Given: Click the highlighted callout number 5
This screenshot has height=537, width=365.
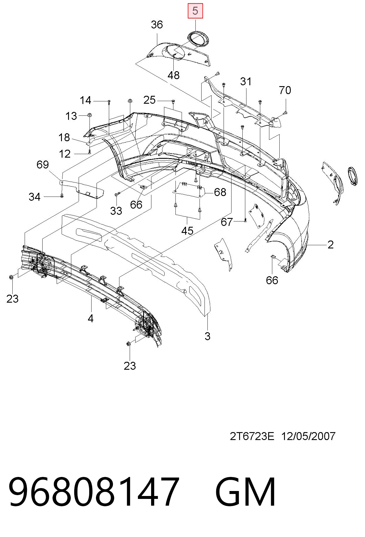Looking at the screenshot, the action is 195,11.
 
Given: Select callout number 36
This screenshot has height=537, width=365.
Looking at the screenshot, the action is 157,25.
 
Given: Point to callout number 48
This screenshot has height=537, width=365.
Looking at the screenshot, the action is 173,75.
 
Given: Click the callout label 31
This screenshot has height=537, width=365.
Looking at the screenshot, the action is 246,81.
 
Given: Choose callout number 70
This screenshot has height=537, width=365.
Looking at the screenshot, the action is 285,90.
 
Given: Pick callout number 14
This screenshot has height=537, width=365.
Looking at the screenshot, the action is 86,100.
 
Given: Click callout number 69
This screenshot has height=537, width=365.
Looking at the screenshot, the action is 43,165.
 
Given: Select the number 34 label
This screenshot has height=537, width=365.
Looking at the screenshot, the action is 34,197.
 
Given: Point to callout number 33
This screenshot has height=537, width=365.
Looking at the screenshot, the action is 116,211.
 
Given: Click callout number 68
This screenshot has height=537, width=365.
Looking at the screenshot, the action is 220,192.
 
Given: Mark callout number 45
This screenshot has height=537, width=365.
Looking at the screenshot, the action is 187,231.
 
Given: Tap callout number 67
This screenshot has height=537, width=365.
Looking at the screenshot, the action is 227,222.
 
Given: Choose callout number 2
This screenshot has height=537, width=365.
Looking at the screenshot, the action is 330,245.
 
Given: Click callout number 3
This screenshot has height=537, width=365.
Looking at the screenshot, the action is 207,336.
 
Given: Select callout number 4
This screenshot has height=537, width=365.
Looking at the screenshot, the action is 90,318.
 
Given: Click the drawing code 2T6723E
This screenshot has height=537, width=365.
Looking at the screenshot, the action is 252,437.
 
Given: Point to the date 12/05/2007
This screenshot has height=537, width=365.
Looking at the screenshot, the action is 308,437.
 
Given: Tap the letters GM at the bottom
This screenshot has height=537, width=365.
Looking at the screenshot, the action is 245,492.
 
